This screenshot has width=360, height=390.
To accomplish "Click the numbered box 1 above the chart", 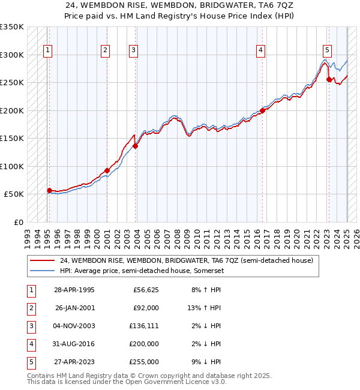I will point(47,50).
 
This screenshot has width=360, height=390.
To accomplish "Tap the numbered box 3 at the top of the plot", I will point(133,50).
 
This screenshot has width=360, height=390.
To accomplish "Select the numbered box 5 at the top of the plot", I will point(327,50).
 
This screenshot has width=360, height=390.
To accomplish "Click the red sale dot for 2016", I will point(263,110).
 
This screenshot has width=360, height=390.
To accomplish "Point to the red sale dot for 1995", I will point(49,190).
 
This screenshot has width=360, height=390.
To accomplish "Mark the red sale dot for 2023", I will point(329,79).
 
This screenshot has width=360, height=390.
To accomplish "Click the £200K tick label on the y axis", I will point(12,110).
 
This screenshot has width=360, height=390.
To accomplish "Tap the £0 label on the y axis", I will point(18,222).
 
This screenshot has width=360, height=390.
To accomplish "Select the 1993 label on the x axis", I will point(28,235).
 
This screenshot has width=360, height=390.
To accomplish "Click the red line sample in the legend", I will point(43,261).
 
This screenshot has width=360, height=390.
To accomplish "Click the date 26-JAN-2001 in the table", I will point(74,308).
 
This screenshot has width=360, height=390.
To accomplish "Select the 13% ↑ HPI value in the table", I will point(205,308).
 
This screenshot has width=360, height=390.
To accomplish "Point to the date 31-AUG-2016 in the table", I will point(74,344).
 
